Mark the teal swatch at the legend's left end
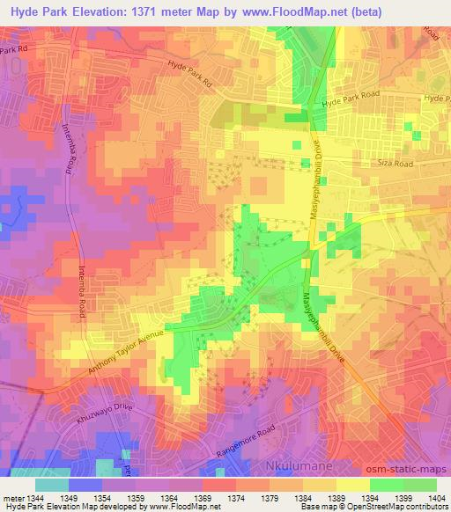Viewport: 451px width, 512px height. coord(52,485)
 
